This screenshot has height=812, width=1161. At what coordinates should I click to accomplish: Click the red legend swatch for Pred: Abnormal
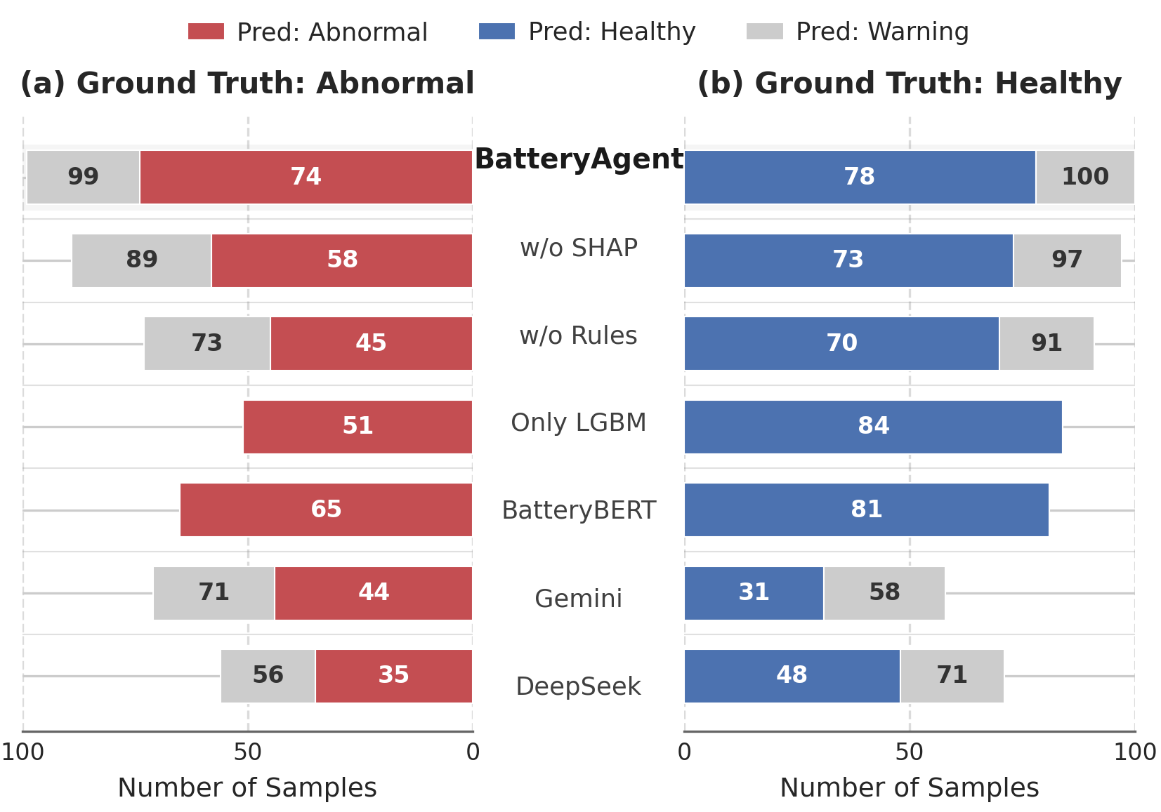[206, 32]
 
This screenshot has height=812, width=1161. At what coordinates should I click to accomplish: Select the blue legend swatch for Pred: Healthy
[497, 32]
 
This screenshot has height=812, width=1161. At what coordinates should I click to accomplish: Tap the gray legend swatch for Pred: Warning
[764, 32]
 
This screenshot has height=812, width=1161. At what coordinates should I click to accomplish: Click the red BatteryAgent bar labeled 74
[306, 177]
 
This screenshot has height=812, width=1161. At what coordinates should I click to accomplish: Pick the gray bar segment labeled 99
[83, 177]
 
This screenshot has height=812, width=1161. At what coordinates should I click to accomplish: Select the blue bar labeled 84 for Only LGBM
[872, 427]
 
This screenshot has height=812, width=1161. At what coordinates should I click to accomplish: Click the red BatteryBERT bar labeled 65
[326, 510]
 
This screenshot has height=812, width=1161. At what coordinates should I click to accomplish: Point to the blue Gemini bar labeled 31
[753, 593]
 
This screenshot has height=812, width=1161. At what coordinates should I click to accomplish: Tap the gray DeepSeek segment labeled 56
[268, 676]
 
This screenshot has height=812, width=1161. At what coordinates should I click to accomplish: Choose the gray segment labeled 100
[1084, 177]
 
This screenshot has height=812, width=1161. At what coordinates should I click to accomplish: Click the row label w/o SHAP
[578, 248]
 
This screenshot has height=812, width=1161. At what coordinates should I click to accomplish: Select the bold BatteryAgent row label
[578, 159]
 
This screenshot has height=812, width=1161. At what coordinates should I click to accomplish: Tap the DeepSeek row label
[578, 686]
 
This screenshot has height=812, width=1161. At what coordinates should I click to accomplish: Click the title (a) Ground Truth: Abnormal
[247, 84]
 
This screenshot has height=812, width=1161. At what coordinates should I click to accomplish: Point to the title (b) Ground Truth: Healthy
[909, 84]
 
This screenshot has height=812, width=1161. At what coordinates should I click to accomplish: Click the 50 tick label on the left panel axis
[247, 752]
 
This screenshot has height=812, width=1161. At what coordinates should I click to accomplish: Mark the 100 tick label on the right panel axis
[1134, 752]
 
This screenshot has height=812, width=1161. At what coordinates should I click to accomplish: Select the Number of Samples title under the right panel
[909, 788]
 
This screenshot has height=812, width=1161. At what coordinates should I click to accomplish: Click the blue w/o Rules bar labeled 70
[841, 343]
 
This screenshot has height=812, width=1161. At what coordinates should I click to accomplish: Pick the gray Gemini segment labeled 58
[884, 593]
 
